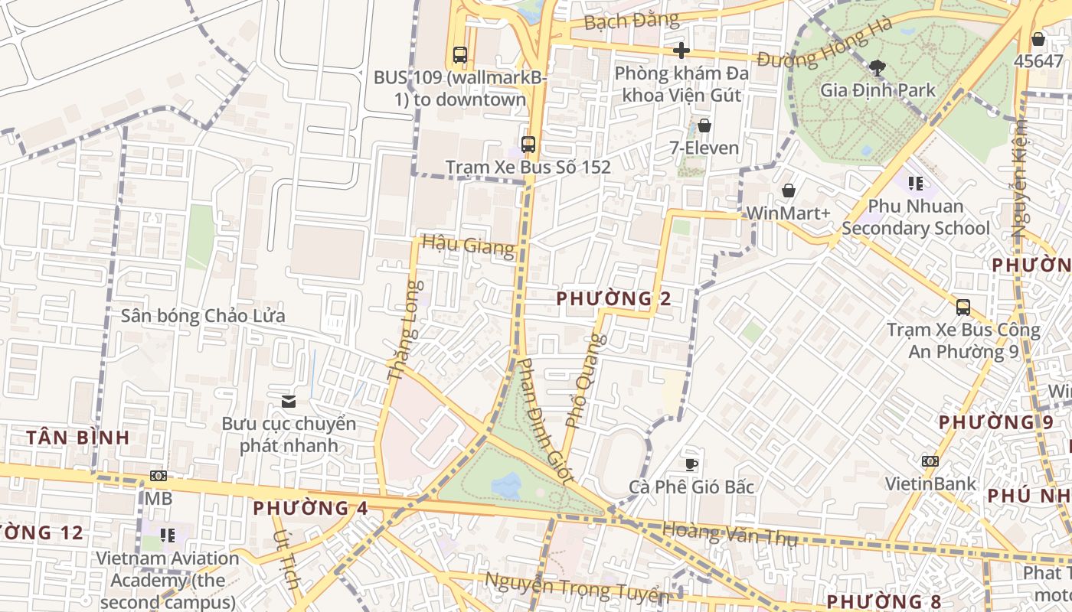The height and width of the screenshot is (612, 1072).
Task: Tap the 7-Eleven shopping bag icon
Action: pos(704,125)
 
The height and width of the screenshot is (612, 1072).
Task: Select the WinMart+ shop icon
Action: pos(788,190)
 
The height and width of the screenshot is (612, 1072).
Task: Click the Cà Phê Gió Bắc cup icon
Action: pos(691,464)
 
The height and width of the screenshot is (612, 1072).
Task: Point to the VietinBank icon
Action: pos(930,461)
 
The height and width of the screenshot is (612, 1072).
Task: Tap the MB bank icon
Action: pos(159,476)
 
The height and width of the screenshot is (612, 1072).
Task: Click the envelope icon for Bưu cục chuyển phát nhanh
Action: pos(289,402)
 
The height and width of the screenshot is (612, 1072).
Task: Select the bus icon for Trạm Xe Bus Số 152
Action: pos(528,144)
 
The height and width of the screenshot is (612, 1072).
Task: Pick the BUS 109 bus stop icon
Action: pos(459,55)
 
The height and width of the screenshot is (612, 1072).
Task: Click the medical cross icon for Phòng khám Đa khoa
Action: pos(681,51)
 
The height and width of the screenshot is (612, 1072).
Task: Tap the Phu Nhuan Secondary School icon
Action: pos(915,184)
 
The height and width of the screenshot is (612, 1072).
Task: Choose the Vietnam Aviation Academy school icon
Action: pos(167,535)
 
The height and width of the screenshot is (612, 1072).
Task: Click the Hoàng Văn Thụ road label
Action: pos(729,533)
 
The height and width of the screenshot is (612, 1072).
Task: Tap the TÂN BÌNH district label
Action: pos(78,438)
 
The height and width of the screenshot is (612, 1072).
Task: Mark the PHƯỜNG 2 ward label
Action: pos(614,298)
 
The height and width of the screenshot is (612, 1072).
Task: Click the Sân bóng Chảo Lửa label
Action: pos(203,316)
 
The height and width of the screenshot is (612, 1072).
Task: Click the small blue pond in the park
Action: pos(506,483)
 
